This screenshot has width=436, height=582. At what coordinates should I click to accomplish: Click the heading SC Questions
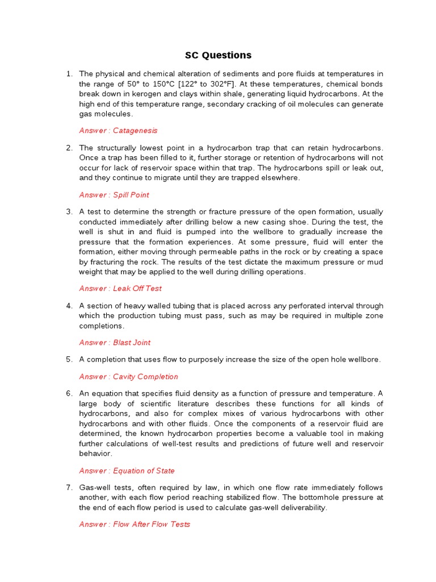tap(218, 55)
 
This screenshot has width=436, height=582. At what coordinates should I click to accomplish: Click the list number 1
tap(69, 74)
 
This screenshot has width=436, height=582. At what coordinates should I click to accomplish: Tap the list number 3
tap(69, 212)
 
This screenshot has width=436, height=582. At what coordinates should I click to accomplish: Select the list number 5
tap(69, 360)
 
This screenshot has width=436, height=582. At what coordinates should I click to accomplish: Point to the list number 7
tap(69, 488)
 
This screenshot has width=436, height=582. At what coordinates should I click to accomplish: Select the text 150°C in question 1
tap(195, 84)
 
